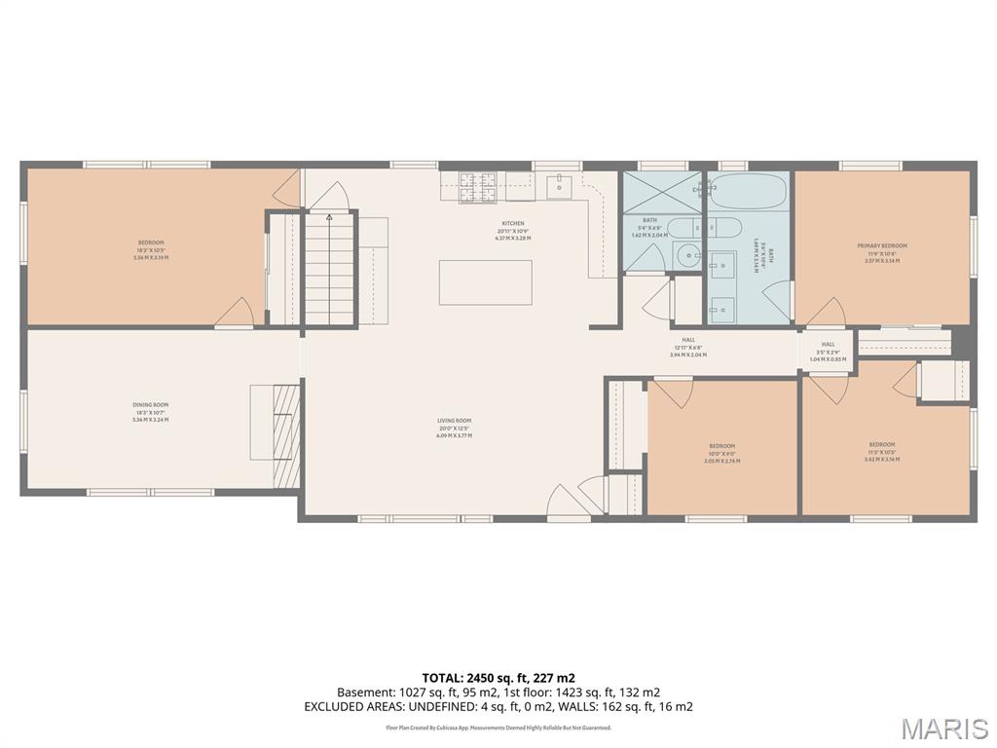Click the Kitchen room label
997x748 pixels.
tap(512, 230)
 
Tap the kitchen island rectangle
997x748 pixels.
tap(485, 282)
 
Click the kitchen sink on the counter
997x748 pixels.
tap(558, 184)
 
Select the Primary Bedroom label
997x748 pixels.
tap(882, 252)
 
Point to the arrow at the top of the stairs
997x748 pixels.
tap(330, 218)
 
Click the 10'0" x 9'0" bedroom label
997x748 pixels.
tap(721, 452)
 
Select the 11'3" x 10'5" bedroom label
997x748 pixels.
tap(882, 451)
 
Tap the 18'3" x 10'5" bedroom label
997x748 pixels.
tap(151, 249)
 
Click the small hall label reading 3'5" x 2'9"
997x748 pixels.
tap(828, 351)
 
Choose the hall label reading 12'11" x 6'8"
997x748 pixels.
tap(688, 347)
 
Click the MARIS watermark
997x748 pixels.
tap(943, 728)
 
